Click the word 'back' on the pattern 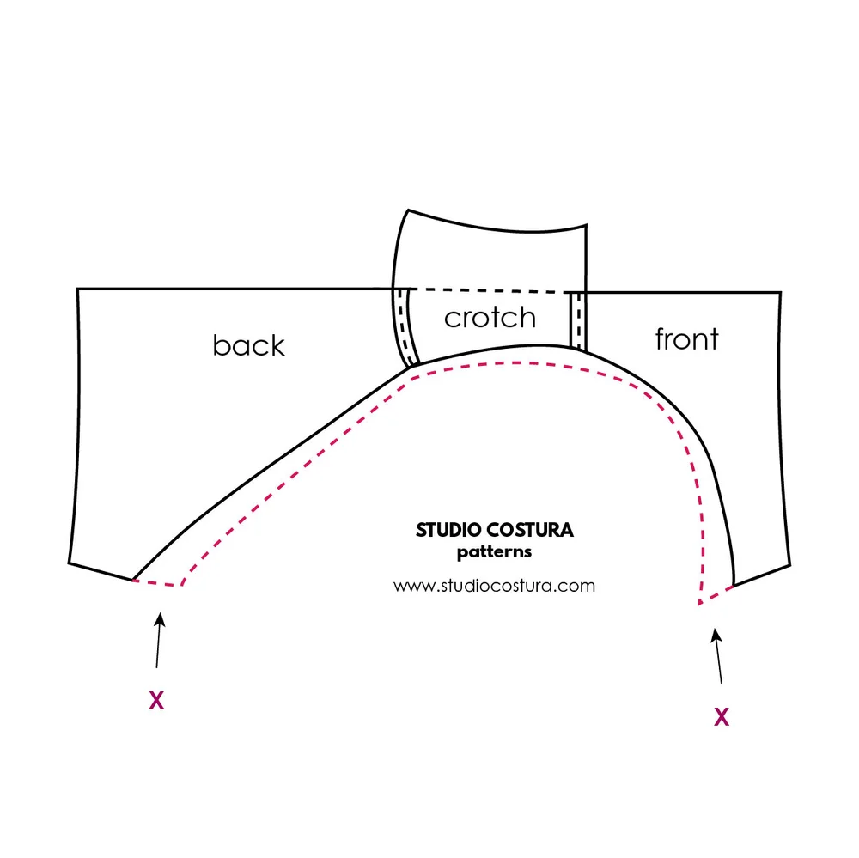pos(248,345)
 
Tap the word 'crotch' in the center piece pos(490,318)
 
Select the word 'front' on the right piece pos(686,338)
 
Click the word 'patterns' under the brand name pos(494,552)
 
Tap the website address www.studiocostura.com pos(494,586)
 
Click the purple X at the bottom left pos(156,701)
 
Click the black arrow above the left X pos(159,639)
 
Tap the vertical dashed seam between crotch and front pos(579,319)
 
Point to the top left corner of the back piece pos(78,289)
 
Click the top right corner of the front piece pos(781,292)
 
